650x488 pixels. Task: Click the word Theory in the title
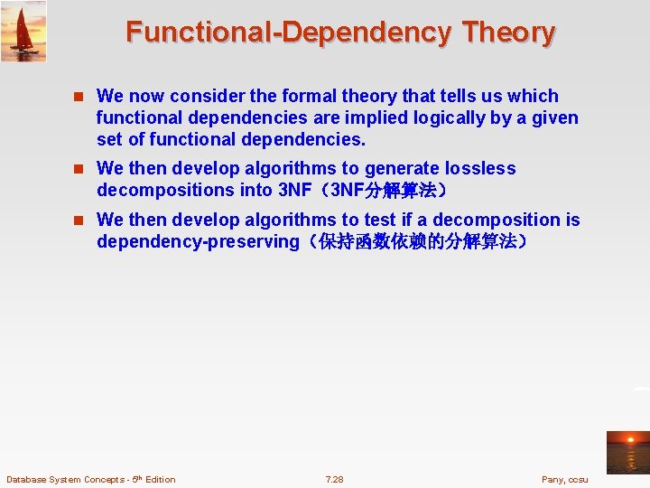508,33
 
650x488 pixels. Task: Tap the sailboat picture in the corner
23,31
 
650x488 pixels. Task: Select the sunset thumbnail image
627,452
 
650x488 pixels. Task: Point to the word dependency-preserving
197,241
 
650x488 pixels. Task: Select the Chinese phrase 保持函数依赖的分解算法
417,241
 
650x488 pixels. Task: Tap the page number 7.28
334,479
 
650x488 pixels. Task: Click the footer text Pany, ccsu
564,479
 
